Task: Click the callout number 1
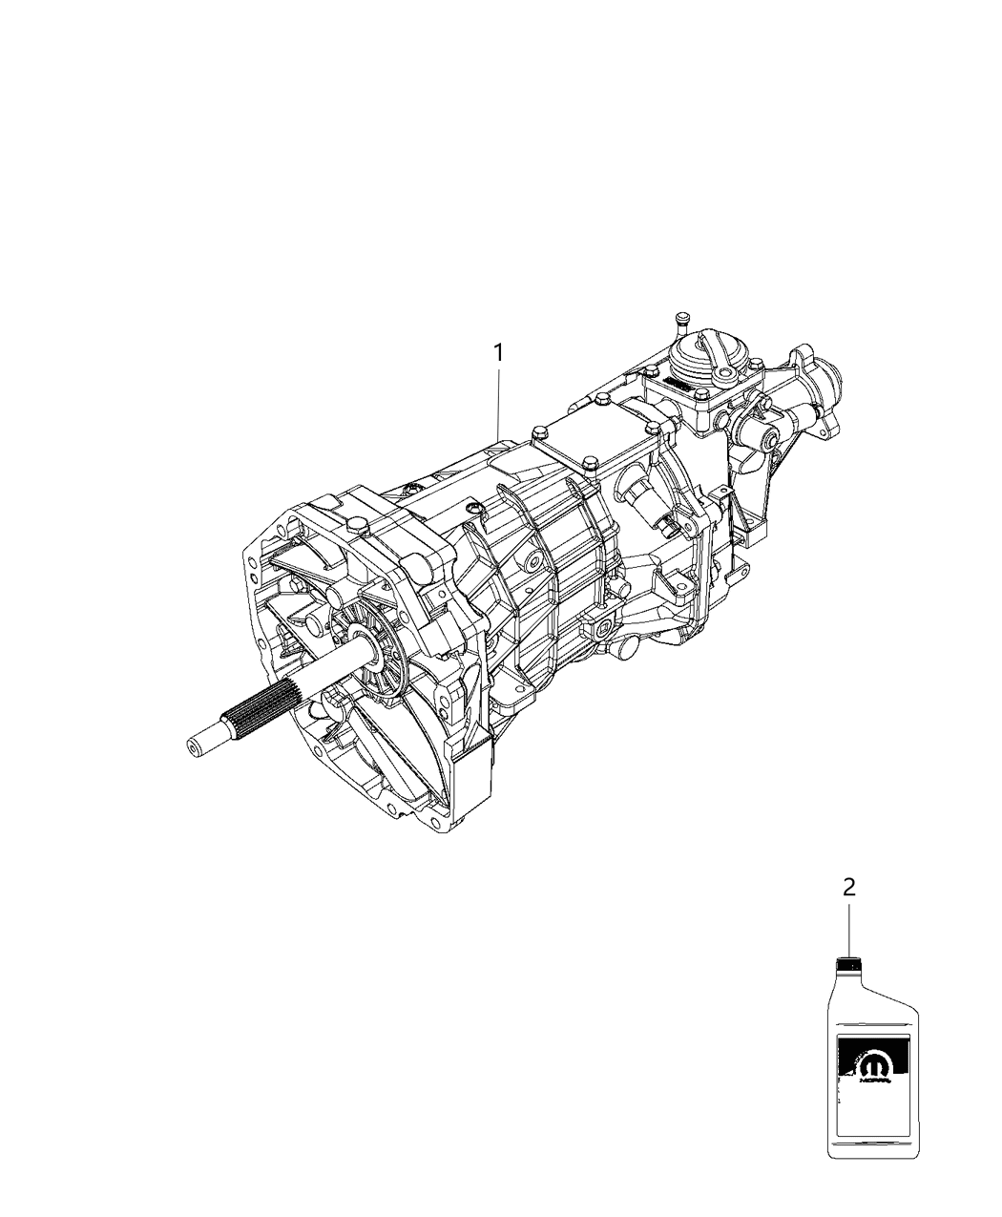pyautogui.click(x=497, y=353)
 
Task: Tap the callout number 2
pyautogui.click(x=848, y=887)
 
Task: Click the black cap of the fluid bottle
pyautogui.click(x=848, y=964)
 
